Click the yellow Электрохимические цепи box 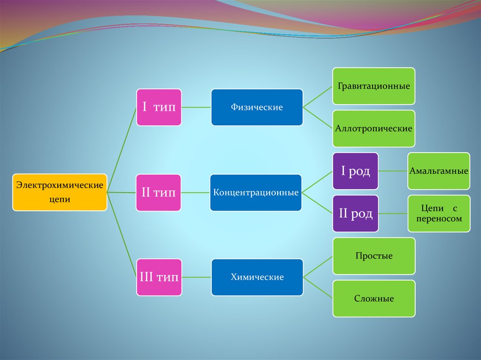pyautogui.click(x=60, y=192)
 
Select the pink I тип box pyautogui.click(x=159, y=107)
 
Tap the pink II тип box pyautogui.click(x=159, y=192)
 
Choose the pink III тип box pyautogui.click(x=159, y=277)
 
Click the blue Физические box pyautogui.click(x=256, y=107)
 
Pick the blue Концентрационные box pyautogui.click(x=256, y=192)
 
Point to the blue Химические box pyautogui.click(x=256, y=277)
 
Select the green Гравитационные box pyautogui.click(x=373, y=86)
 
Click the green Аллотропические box pyautogui.click(x=373, y=129)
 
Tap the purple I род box pyautogui.click(x=355, y=171)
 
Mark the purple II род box pyautogui.click(x=355, y=214)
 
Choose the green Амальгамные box pyautogui.click(x=438, y=171)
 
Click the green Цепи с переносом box pyautogui.click(x=438, y=214)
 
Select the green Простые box pyautogui.click(x=373, y=256)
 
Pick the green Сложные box pyautogui.click(x=373, y=299)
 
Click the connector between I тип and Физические pyautogui.click(x=196, y=107)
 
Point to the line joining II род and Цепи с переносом pyautogui.click(x=393, y=214)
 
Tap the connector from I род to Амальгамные pyautogui.click(x=393, y=171)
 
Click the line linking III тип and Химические pyautogui.click(x=196, y=277)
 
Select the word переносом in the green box pyautogui.click(x=439, y=219)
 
